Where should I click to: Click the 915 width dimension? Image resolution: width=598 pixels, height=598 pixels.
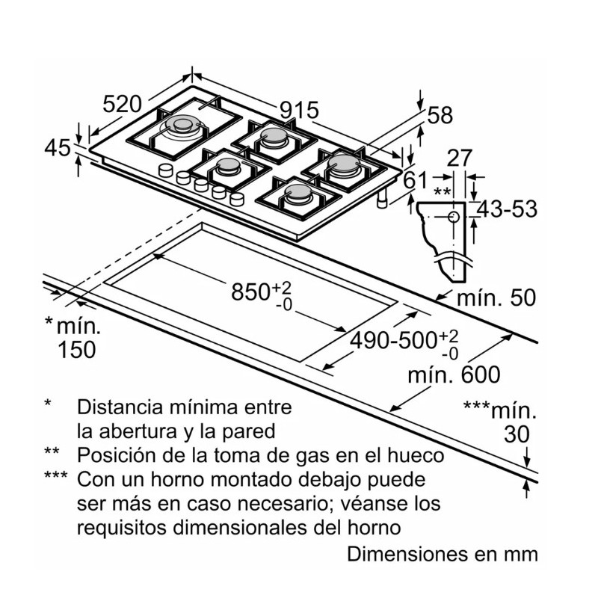tap(300, 111)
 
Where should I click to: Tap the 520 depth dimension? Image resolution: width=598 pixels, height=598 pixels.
tap(122, 105)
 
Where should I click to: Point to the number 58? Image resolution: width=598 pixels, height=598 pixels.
tap(441, 115)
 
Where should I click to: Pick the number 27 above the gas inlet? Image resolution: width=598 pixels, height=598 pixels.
tap(460, 158)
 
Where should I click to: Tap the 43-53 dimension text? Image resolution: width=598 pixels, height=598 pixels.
tap(508, 209)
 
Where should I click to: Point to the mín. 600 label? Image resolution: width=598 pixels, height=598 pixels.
tap(454, 374)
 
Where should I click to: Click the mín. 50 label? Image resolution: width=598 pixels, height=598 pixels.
tap(496, 298)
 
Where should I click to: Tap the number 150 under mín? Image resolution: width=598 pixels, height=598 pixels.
tap(77, 349)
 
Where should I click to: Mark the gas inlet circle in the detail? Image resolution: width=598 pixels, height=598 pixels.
tap(454, 217)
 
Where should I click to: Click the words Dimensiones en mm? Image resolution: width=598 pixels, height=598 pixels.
tap(443, 555)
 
